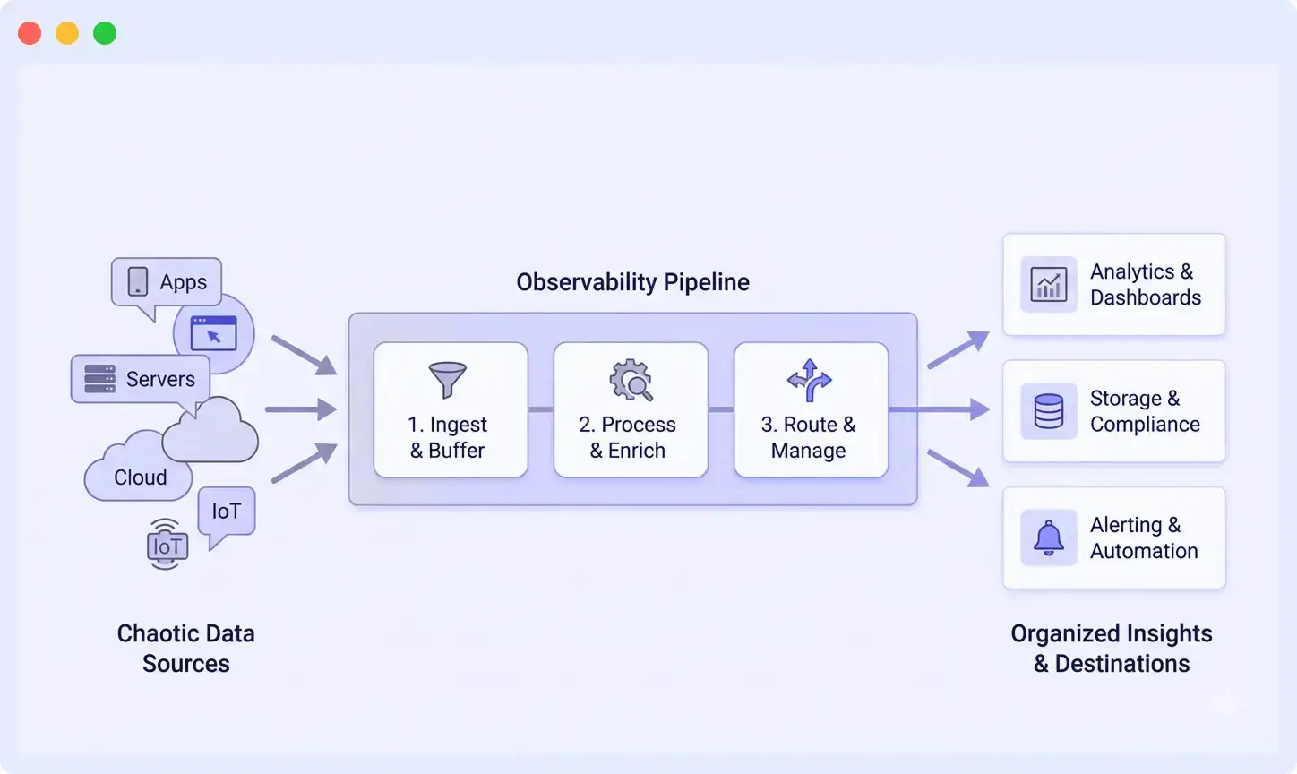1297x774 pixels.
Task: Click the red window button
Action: (x=30, y=33)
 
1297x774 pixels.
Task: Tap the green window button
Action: (x=105, y=33)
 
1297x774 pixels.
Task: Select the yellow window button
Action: (x=67, y=33)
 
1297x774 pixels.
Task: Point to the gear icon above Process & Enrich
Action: (x=631, y=380)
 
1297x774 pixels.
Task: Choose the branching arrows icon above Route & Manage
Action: (x=810, y=380)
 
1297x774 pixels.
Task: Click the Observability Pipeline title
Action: (x=632, y=282)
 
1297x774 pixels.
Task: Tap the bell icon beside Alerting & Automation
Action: (x=1049, y=537)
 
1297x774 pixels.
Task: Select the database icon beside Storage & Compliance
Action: (x=1049, y=411)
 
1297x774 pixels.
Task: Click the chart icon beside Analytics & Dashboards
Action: (x=1049, y=285)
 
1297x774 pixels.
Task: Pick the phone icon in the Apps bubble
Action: (x=138, y=281)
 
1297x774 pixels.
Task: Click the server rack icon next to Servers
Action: (x=99, y=379)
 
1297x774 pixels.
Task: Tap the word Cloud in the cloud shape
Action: (x=141, y=477)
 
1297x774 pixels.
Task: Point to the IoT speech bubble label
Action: (x=227, y=512)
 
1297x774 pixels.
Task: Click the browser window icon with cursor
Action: (x=214, y=333)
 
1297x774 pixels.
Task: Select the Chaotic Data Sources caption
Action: (x=186, y=649)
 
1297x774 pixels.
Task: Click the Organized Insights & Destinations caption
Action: (x=1112, y=649)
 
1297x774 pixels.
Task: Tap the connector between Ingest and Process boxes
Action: (x=541, y=409)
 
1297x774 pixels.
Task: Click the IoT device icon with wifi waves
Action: (x=167, y=544)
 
